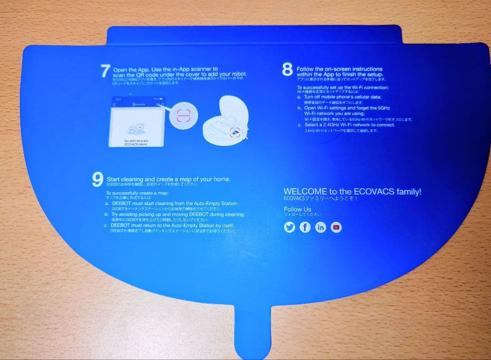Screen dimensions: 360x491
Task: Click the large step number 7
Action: (105, 71)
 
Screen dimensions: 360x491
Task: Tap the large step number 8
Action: (287, 70)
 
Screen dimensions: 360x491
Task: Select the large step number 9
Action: (97, 180)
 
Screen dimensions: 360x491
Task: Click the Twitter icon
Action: (290, 227)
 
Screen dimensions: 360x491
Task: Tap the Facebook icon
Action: (305, 227)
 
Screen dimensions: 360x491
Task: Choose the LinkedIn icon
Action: (321, 227)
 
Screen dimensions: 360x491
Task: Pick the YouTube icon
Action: (336, 227)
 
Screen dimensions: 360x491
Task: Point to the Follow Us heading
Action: (297, 209)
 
